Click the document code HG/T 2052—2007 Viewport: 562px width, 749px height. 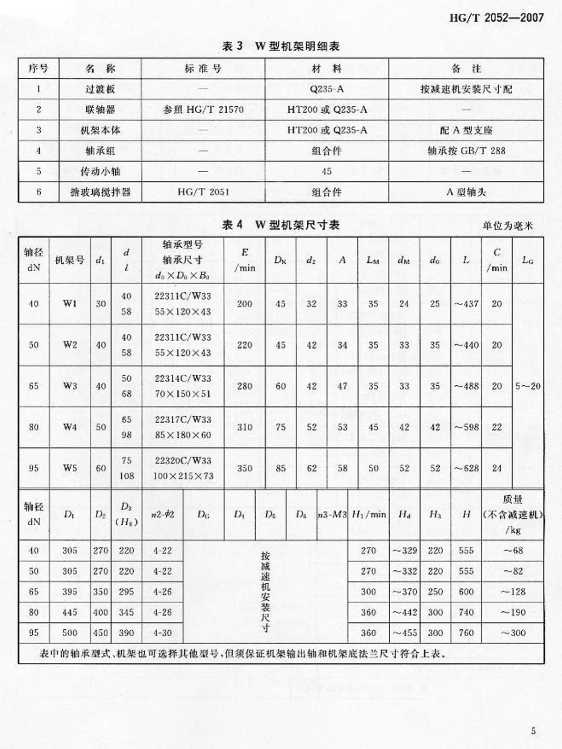tap(496, 18)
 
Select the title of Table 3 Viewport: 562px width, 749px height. tap(281, 46)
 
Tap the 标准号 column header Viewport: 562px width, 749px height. tap(203, 69)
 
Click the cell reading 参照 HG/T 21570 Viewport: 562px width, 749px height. tap(203, 110)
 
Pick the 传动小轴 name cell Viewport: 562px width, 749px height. tap(100, 171)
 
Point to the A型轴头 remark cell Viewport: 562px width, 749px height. tap(466, 192)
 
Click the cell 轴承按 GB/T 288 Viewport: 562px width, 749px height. tap(466, 151)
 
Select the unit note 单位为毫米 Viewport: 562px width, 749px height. tap(508, 226)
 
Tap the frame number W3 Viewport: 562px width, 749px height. tap(70, 386)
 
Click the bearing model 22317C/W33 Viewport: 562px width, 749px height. tap(183, 419)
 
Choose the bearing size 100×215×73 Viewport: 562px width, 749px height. tap(183, 476)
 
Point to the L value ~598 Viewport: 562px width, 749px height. tap(466, 427)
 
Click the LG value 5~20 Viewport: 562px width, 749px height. tap(528, 386)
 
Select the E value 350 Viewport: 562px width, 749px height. tap(244, 468)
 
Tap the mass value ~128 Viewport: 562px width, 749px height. tap(513, 592)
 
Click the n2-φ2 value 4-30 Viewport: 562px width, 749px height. tap(163, 633)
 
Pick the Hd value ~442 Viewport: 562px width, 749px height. tap(405, 612)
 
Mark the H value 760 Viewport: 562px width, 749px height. tap(466, 633)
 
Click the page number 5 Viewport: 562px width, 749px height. tap(533, 731)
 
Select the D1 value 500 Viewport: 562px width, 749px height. tap(70, 633)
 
